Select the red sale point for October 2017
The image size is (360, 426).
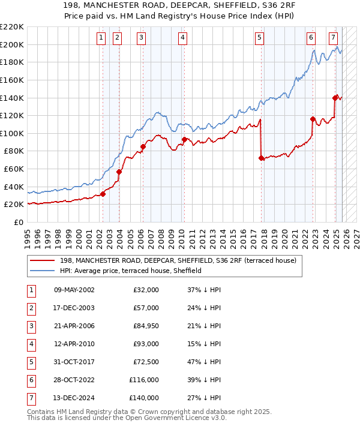(261, 158)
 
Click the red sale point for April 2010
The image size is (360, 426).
(184, 139)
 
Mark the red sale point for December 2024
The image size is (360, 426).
(335, 98)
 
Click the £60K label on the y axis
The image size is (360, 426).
(14, 169)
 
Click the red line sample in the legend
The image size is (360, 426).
(42, 261)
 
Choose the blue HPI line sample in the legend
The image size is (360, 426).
(42, 271)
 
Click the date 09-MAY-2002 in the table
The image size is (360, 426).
(74, 290)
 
